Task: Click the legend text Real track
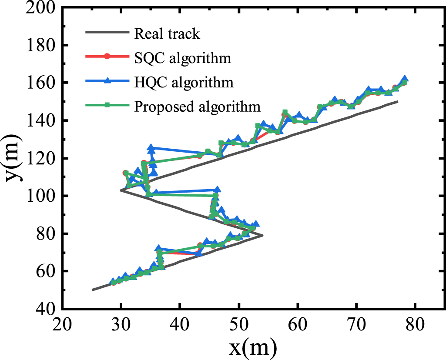[x=167, y=33]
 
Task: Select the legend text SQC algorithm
[x=182, y=57]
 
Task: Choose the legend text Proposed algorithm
[x=197, y=106]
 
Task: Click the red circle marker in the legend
[x=107, y=57]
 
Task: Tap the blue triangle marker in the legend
[x=107, y=81]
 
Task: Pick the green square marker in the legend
[x=107, y=105]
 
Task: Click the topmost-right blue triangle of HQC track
[x=405, y=79]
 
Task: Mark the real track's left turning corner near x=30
[x=121, y=190]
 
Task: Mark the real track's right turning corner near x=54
[x=262, y=235]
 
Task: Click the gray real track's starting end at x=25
[x=92, y=290]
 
